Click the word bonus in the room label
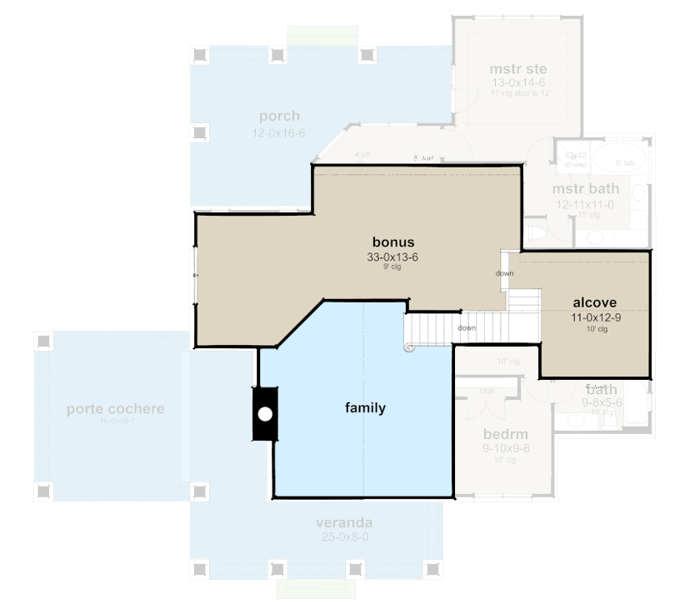[x=392, y=242]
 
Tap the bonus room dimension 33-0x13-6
[x=392, y=257]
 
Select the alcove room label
[x=594, y=302]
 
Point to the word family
[x=365, y=407]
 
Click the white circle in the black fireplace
[x=265, y=413]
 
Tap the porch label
[x=278, y=116]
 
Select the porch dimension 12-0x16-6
[x=278, y=133]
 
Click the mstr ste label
[x=517, y=68]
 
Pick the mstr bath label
[x=585, y=189]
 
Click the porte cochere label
[x=115, y=409]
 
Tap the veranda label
[x=343, y=522]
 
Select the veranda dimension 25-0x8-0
[x=343, y=537]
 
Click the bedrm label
[x=506, y=434]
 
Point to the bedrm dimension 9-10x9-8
[x=506, y=448]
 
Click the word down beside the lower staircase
[x=467, y=327]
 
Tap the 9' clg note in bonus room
[x=392, y=267]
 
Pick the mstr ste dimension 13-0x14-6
[x=517, y=83]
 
